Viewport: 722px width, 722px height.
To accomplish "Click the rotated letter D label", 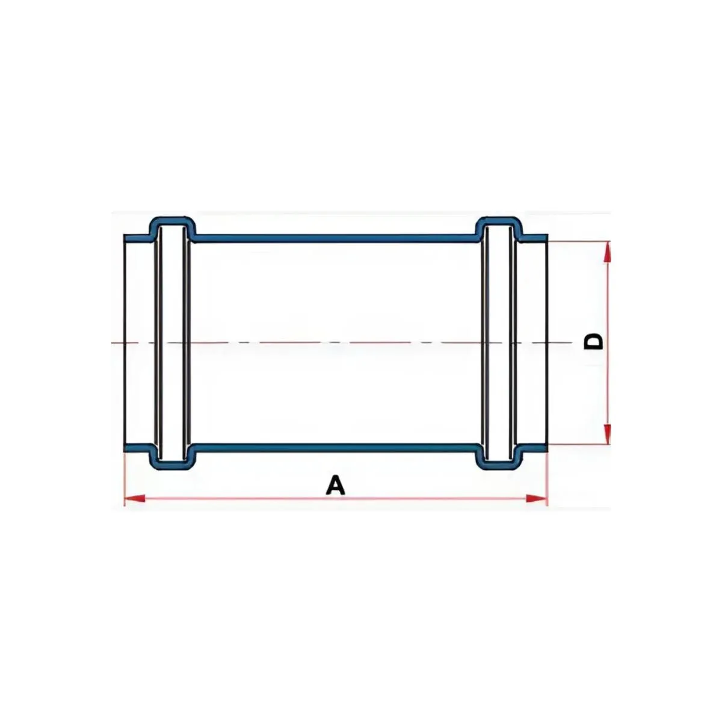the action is (x=594, y=342).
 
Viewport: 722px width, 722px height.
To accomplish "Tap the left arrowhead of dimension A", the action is (x=134, y=498).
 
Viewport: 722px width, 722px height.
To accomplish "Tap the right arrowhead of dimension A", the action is (x=536, y=498).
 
